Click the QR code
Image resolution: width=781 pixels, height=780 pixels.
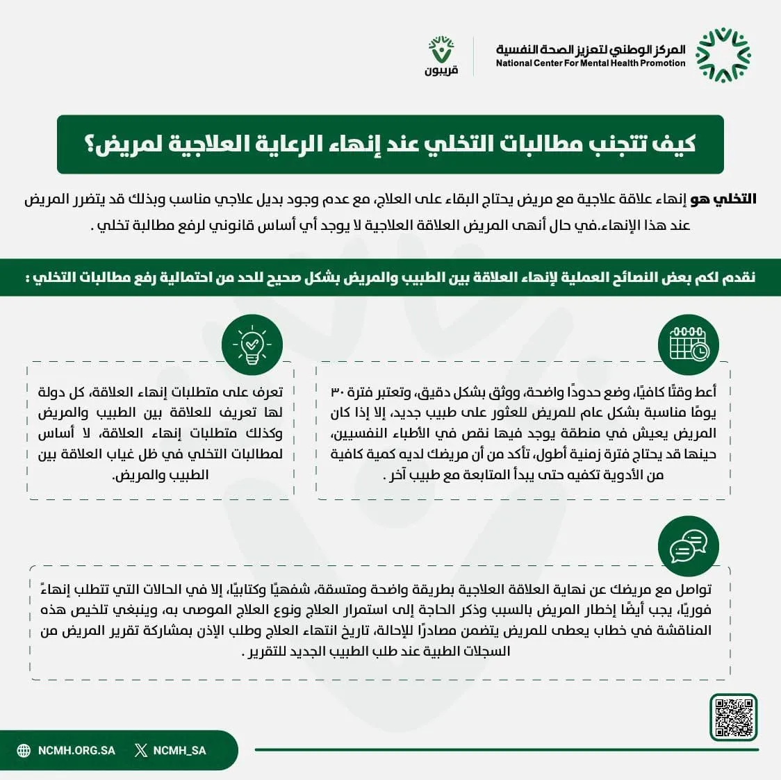pyautogui.click(x=734, y=717)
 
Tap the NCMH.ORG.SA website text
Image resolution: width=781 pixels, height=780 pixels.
pyautogui.click(x=76, y=750)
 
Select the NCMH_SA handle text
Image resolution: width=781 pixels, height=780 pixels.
pyautogui.click(x=179, y=750)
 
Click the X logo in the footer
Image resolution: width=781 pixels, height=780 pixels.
pyautogui.click(x=141, y=750)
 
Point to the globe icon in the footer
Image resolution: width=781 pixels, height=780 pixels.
pyautogui.click(x=24, y=750)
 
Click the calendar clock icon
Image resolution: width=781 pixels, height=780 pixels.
pyautogui.click(x=688, y=345)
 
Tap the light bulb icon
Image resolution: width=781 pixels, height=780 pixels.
pyautogui.click(x=252, y=345)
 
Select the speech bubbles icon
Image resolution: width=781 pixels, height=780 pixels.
pyautogui.click(x=688, y=546)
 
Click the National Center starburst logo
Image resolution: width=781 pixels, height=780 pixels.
pyautogui.click(x=723, y=55)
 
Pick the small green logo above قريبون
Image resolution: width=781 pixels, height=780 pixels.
pyautogui.click(x=441, y=49)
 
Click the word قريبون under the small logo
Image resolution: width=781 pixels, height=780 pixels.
pyautogui.click(x=441, y=70)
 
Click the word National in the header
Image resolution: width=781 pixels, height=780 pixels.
pyautogui.click(x=513, y=63)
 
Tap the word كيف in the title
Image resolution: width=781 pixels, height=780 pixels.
pyautogui.click(x=677, y=144)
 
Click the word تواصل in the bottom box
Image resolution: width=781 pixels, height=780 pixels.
pyautogui.click(x=694, y=589)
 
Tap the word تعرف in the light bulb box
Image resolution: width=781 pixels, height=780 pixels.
pyautogui.click(x=267, y=392)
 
